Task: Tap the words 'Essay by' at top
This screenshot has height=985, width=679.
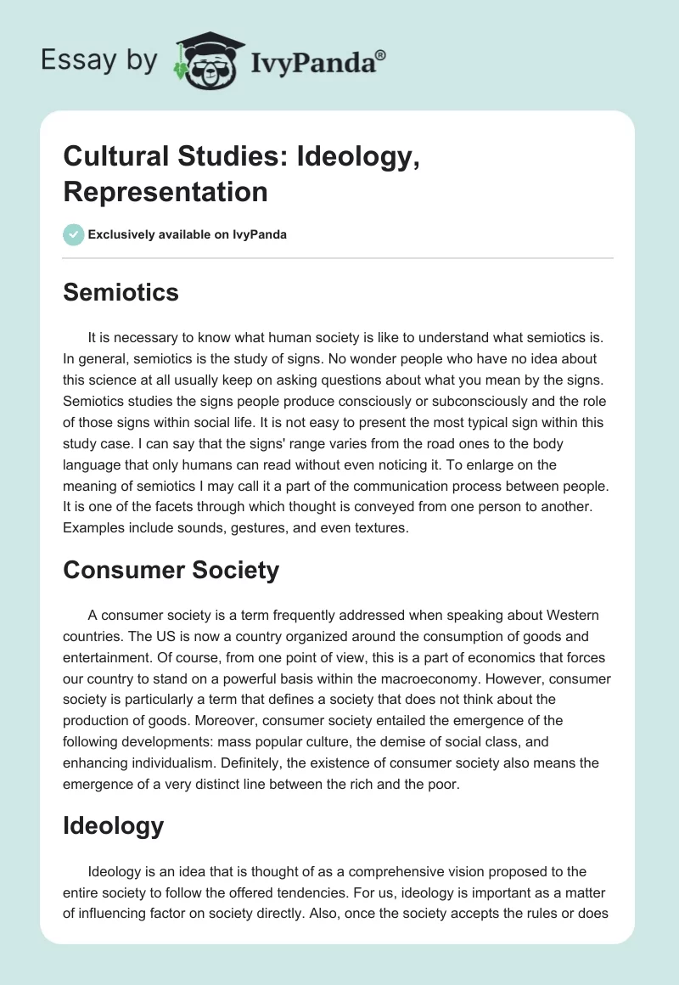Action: pyautogui.click(x=100, y=60)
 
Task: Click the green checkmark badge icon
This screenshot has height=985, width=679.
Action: pyautogui.click(x=73, y=234)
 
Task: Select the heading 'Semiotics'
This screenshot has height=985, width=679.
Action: pyautogui.click(x=121, y=293)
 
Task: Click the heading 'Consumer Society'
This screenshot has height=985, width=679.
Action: pyautogui.click(x=171, y=570)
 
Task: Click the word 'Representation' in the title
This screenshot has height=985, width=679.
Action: pyautogui.click(x=166, y=191)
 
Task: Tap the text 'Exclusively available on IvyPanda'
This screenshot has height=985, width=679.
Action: pyautogui.click(x=188, y=234)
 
